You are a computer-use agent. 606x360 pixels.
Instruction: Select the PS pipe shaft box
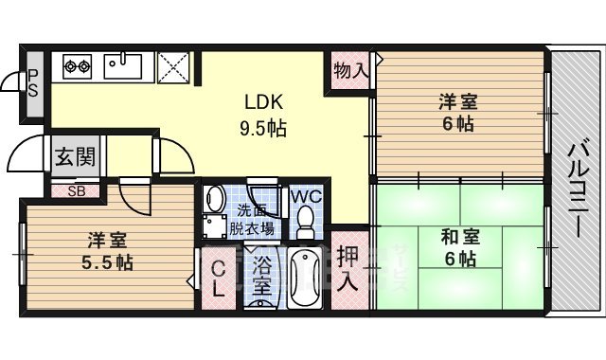pyautogui.click(x=32, y=83)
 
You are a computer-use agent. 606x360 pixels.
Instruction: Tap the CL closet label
pyautogui.click(x=218, y=279)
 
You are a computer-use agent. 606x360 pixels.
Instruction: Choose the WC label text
pyautogui.click(x=304, y=196)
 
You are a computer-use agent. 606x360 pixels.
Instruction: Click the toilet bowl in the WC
pyautogui.click(x=306, y=221)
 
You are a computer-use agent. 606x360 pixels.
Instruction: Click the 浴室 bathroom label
pyautogui.click(x=261, y=276)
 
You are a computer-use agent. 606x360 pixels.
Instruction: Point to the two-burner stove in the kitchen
pyautogui.click(x=77, y=66)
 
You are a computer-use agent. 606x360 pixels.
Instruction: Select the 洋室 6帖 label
pyautogui.click(x=456, y=112)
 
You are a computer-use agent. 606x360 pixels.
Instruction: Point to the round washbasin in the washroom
pyautogui.click(x=214, y=200)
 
